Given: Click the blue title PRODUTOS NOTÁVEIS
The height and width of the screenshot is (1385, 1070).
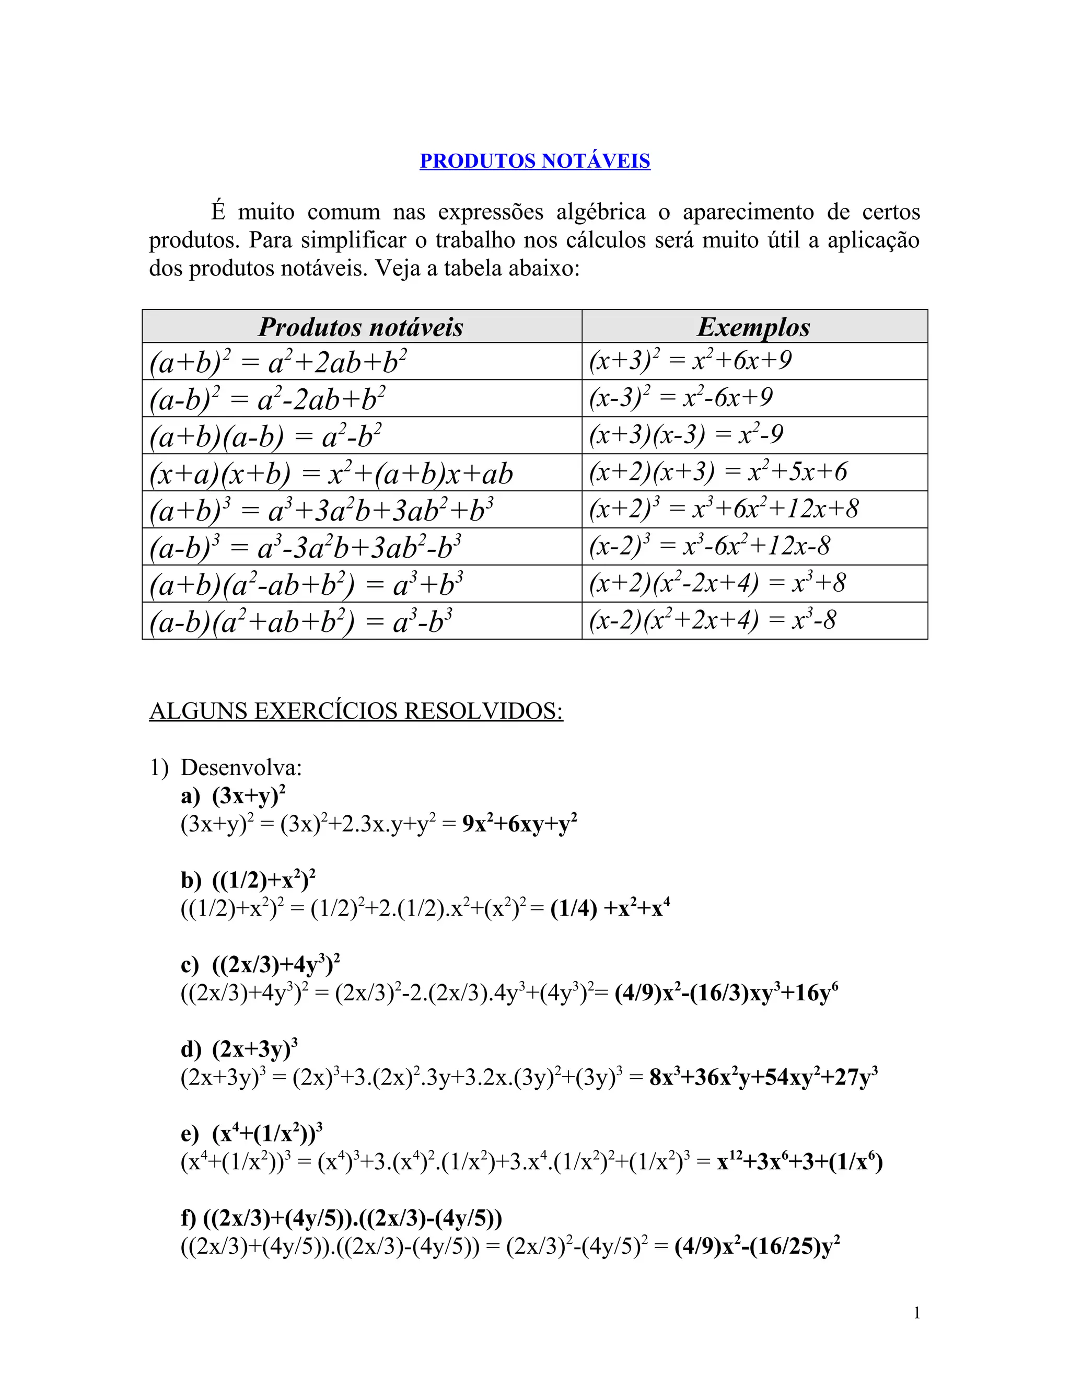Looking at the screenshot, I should [534, 160].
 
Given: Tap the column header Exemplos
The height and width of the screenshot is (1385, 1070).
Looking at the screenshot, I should [754, 327].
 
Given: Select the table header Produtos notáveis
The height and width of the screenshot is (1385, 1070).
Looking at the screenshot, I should [360, 327].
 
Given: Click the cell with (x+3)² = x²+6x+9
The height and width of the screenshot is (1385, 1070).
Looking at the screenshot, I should [690, 361].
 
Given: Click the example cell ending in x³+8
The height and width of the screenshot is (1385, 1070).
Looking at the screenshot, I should [717, 583].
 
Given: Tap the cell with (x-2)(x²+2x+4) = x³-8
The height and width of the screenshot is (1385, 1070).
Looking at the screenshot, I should [713, 620].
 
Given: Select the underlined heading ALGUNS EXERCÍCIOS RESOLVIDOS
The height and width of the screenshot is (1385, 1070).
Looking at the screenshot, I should [356, 711].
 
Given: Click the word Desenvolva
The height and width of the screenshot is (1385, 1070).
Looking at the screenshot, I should [241, 768].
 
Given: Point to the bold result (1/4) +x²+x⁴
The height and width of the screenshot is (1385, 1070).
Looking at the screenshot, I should [610, 909].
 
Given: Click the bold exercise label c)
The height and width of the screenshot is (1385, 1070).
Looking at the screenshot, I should [190, 965].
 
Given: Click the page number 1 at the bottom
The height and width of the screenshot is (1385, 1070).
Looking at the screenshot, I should [916, 1313].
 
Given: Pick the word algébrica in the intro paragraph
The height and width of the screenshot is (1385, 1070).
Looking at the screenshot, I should [601, 212].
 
